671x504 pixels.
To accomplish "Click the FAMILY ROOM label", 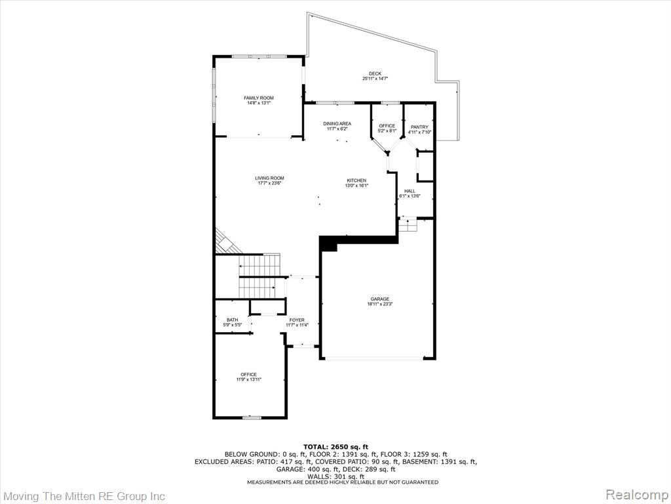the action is point(258,98).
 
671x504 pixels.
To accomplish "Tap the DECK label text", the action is point(375,73).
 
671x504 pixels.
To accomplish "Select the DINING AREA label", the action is point(337,123).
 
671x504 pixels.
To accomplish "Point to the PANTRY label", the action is point(419,127).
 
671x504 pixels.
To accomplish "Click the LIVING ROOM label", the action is point(269,178).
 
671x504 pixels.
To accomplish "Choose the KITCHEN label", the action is point(356,180).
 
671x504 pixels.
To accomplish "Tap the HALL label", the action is point(410,191).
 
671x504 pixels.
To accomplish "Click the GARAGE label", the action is point(380,299).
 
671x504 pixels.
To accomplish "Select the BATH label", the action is point(233,320).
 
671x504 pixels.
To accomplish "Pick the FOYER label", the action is point(297,320).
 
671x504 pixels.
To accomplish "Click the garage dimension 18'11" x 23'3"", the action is point(380,304).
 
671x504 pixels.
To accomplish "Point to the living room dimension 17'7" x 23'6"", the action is point(269,183).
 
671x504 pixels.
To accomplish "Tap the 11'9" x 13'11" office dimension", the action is point(248,379).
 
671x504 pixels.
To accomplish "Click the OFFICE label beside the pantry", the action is point(387,125).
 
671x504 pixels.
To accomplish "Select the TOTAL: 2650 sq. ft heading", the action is point(336,447).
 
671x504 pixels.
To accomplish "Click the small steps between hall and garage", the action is point(408,224).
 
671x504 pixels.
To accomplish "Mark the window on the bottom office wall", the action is point(252,417).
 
